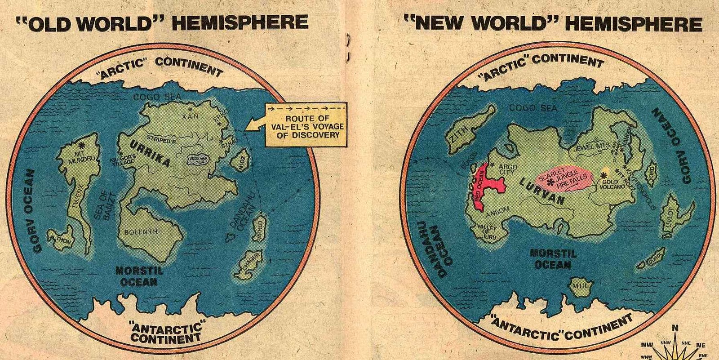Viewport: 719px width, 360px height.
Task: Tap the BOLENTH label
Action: click(x=141, y=232)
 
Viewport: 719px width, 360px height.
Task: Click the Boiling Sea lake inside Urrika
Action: click(x=197, y=160)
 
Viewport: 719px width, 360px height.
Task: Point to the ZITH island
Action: click(x=465, y=130)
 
